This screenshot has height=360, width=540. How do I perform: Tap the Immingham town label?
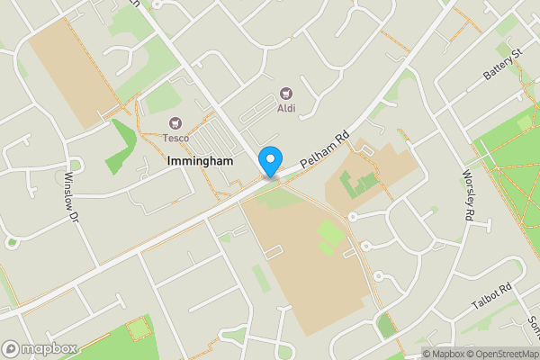pos(200,161)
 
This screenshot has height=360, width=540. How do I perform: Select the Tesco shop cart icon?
pos(175,122)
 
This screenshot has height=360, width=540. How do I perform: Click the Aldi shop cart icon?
pos(286,93)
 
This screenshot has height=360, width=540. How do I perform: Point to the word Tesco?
pos(175,138)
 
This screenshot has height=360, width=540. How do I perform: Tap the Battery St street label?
pos(502,64)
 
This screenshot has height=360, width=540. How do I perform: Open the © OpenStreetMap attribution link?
pos(499,354)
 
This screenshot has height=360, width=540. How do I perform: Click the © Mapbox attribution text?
pos(441,354)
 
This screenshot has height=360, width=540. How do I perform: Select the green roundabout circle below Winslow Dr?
pos(12,242)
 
